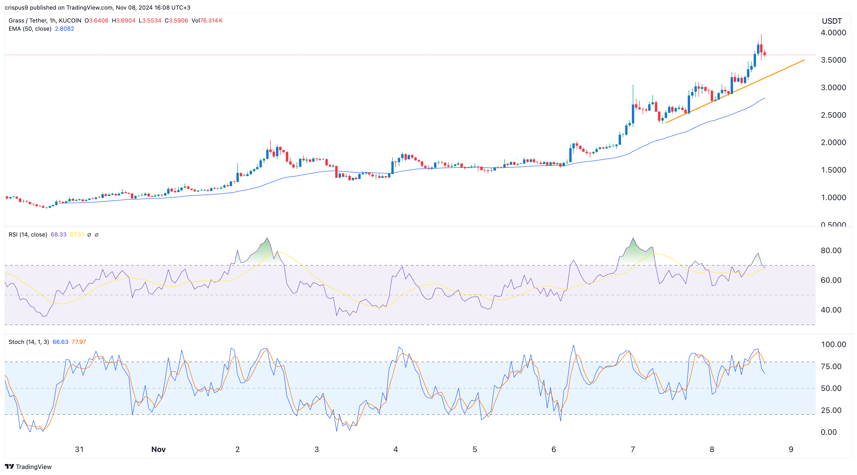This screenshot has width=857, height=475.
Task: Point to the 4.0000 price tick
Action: pos(833,33)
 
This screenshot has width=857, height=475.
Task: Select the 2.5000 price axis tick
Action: pos(833,115)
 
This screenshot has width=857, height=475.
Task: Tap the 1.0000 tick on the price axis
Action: pos(833,197)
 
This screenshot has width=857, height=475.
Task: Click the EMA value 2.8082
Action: pos(64,29)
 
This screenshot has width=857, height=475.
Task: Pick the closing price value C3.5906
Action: pos(176,21)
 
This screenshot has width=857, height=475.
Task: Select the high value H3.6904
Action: pos(123,21)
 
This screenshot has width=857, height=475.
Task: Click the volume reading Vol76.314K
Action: pos(207,21)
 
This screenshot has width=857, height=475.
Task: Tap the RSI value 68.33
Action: pos(58,235)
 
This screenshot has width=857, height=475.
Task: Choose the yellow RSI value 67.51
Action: pos(77,235)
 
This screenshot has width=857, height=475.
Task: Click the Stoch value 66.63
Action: pos(60,342)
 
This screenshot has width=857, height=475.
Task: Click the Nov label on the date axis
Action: pos(158,449)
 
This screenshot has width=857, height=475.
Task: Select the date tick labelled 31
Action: pos(79,449)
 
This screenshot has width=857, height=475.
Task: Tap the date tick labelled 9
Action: pos(791,449)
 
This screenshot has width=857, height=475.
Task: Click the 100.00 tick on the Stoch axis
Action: pos(833,344)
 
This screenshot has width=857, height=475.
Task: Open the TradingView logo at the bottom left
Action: pos(28,467)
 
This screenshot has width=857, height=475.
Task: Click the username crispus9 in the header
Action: pos(16,8)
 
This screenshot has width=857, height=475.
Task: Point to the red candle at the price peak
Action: pos(761,48)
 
